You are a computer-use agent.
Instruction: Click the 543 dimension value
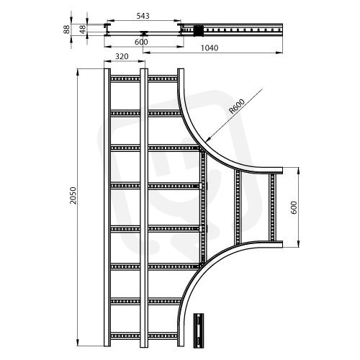coord(143,16)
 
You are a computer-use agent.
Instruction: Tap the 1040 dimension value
coord(210,48)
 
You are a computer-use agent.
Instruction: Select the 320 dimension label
coord(122,56)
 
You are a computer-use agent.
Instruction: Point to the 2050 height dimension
coord(73,195)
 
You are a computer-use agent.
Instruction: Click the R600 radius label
coord(237,106)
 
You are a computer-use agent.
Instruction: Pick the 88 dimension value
coord(66,30)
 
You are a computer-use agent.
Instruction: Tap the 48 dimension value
coord(82,30)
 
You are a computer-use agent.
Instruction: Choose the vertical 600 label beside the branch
coord(294,207)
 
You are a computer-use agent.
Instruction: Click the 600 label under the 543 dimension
coord(141,42)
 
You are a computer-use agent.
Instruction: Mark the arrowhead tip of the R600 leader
coord(206,140)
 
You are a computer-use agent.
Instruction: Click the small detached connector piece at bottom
coord(199,330)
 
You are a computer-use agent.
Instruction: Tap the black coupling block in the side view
coord(198,30)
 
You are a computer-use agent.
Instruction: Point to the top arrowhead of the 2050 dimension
coord(78,69)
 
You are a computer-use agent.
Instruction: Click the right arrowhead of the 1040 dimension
coord(282,53)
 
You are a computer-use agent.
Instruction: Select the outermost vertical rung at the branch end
coord(272,207)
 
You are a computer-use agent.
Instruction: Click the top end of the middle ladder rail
coord(144,69)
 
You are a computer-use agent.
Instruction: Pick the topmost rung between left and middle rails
coord(125,79)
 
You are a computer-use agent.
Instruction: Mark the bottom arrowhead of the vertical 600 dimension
coord(298,247)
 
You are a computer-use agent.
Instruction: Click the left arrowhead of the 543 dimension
coord(107,21)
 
